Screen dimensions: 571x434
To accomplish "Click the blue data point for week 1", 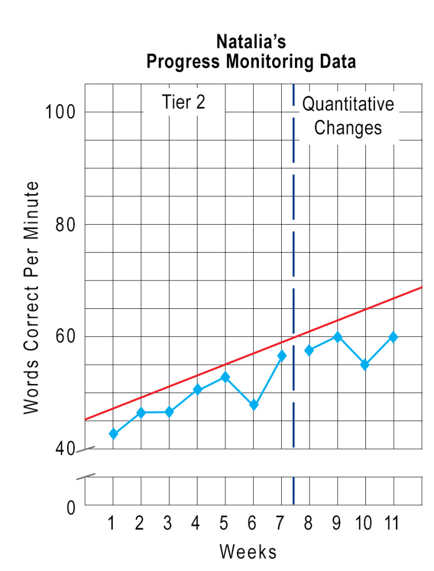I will pyautogui.click(x=113, y=434).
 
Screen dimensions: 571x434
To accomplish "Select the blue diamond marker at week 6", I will pyautogui.click(x=253, y=405).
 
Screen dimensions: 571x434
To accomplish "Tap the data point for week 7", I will pyautogui.click(x=282, y=356).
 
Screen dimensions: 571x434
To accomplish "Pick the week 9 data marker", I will pyautogui.click(x=337, y=337).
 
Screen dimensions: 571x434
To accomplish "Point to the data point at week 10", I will pyautogui.click(x=365, y=365).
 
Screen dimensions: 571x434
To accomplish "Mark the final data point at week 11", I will pyautogui.click(x=393, y=337).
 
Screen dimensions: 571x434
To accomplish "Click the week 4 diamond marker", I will pyautogui.click(x=197, y=390).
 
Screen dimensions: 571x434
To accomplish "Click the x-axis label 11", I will pyautogui.click(x=393, y=524).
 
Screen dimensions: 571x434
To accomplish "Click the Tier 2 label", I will pyautogui.click(x=184, y=103).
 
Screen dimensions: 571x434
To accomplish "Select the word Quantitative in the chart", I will pyautogui.click(x=348, y=104).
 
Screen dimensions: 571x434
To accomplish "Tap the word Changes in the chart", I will pyautogui.click(x=348, y=128).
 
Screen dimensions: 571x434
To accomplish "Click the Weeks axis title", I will pyautogui.click(x=248, y=551).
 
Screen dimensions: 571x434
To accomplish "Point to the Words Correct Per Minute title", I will pyautogui.click(x=32, y=297).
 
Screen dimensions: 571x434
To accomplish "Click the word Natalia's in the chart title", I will pyautogui.click(x=251, y=42).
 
